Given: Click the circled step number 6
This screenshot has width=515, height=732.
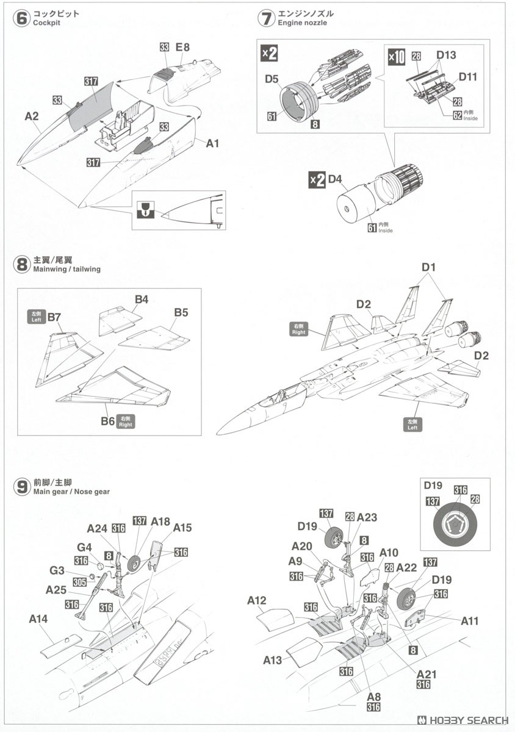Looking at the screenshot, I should (21, 18).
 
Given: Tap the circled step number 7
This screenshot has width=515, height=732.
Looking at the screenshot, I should (266, 18).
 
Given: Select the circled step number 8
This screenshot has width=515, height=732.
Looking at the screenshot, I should (21, 264).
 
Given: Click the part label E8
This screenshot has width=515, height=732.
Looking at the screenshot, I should (183, 47).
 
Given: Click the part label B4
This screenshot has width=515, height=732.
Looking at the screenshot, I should (142, 299).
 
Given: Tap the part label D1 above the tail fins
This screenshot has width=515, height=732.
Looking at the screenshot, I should (429, 268).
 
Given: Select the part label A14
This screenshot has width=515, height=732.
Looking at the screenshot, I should (38, 619).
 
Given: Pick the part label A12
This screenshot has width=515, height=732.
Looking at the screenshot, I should (256, 601).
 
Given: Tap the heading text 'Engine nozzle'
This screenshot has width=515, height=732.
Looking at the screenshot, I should (302, 23).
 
